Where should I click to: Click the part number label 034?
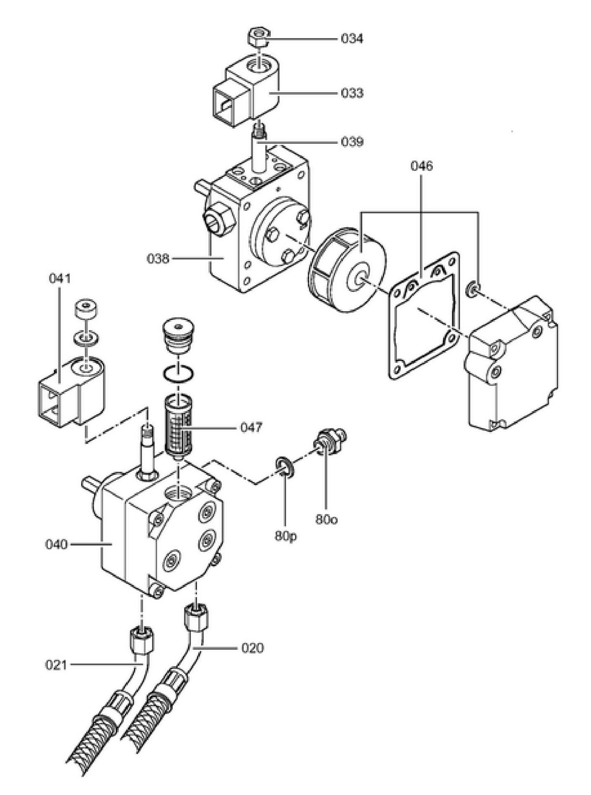[x=352, y=39]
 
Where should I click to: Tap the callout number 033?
[x=352, y=93]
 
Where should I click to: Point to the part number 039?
[x=352, y=142]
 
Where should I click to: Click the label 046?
[x=421, y=166]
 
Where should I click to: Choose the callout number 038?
[x=158, y=259]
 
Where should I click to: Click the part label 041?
[x=60, y=278]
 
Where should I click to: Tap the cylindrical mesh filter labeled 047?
[x=179, y=427]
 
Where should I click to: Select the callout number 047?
[x=251, y=427]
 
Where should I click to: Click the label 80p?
[x=286, y=535]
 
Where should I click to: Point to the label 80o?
[x=326, y=520]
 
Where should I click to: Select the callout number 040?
[x=56, y=545]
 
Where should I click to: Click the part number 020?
[x=253, y=648]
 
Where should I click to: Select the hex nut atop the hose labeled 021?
[x=141, y=639]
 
